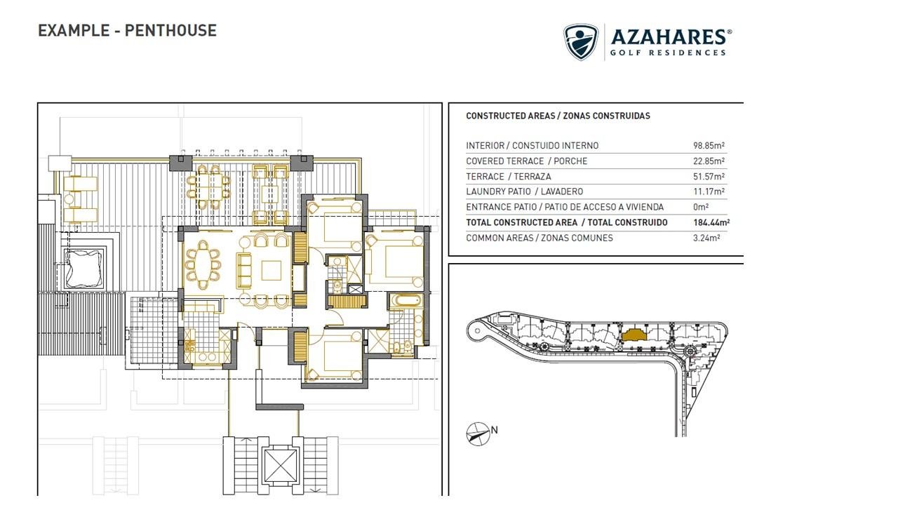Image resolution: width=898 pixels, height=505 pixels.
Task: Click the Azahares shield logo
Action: (581, 41)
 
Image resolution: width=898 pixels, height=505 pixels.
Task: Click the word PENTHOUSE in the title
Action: (170, 30)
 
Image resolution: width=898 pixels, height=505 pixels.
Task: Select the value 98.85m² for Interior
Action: (709, 145)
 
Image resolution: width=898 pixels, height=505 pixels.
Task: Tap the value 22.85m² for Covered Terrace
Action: (709, 161)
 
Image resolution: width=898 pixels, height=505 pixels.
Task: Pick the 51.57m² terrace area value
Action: (709, 176)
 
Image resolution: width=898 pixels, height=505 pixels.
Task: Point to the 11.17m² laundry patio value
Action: (709, 191)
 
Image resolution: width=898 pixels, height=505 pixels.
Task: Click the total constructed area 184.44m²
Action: (711, 222)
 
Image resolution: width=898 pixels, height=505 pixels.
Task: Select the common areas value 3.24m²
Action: (706, 238)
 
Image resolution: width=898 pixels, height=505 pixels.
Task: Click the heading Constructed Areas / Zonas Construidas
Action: (558, 116)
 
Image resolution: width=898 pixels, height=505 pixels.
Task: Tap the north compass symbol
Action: (478, 434)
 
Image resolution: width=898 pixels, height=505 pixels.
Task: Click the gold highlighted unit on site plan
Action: (634, 335)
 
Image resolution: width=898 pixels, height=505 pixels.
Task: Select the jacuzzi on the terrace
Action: (83, 268)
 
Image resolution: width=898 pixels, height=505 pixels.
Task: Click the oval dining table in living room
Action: (203, 264)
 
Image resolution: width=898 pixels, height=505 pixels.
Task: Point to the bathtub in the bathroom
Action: (406, 300)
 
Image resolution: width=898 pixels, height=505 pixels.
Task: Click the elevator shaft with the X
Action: (280, 464)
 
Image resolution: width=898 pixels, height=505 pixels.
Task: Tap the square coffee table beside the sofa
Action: (272, 271)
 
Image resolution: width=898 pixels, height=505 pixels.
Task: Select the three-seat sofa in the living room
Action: (243, 270)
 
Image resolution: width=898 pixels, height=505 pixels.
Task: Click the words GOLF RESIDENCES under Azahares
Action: (667, 53)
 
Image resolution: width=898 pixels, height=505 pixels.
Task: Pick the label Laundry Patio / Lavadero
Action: (524, 191)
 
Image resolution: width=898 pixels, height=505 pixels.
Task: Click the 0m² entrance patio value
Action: (701, 207)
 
